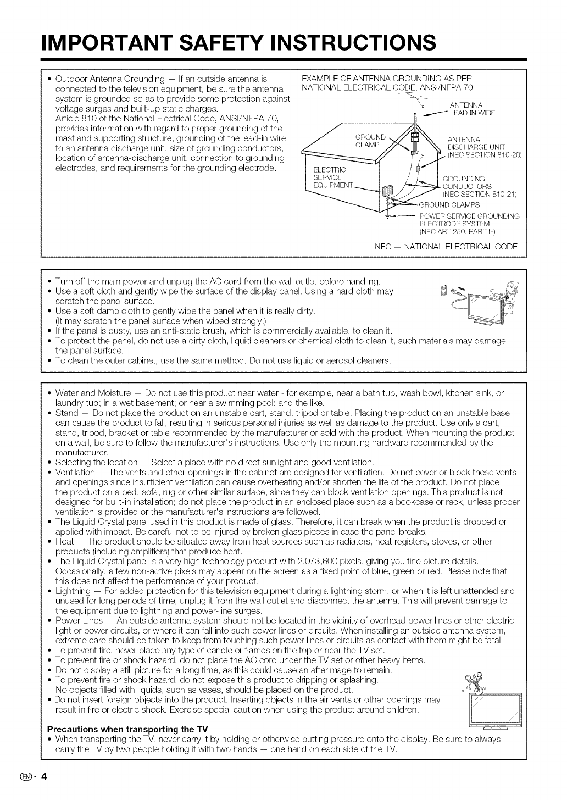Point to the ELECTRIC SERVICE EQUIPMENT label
click(330, 177)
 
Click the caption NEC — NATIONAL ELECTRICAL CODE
click(446, 246)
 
